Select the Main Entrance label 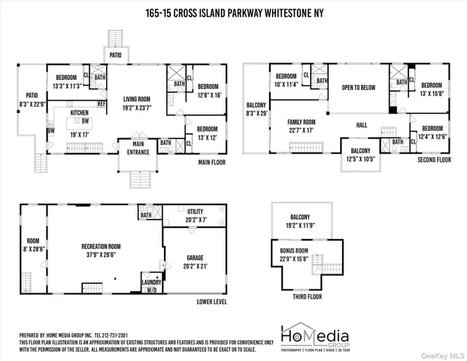click(138, 147)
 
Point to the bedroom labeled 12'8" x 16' click(208, 90)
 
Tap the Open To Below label click(359, 87)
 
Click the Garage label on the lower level click(195, 261)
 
